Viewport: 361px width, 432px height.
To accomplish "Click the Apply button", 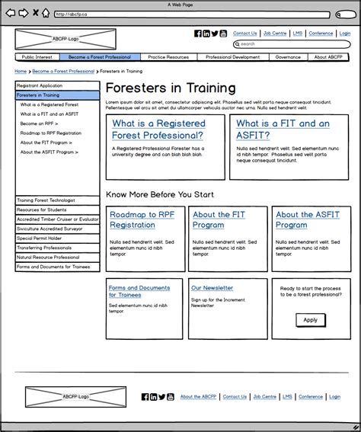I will pyautogui.click(x=310, y=320).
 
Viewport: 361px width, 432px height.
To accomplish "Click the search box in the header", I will pyautogui.click(x=294, y=44).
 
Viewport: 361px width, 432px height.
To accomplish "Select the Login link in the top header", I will pyautogui.click(x=344, y=34).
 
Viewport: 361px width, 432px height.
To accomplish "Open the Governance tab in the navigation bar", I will pyautogui.click(x=288, y=57).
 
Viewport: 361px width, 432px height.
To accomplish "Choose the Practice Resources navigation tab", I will pyautogui.click(x=168, y=57).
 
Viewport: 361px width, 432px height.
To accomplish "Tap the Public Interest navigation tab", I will pyautogui.click(x=37, y=57).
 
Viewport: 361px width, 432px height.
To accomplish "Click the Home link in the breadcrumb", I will pyautogui.click(x=21, y=71).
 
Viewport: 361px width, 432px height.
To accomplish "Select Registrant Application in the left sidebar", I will pyautogui.click(x=40, y=86).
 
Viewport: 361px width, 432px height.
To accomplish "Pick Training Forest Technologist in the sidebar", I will pyautogui.click(x=46, y=200).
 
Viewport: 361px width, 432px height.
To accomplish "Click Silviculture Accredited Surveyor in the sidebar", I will pyautogui.click(x=50, y=229).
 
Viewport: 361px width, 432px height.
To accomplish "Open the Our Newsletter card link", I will pyautogui.click(x=212, y=288).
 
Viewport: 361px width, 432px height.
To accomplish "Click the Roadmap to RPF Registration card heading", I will pyautogui.click(x=143, y=219).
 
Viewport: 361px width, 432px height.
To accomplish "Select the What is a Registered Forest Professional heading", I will pyautogui.click(x=158, y=129).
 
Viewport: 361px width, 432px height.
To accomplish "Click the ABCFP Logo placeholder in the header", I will pyautogui.click(x=65, y=38).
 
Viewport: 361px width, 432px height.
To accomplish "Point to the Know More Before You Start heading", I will pyautogui.click(x=160, y=195).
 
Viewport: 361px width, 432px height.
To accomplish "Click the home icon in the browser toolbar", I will pyautogui.click(x=46, y=13).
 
